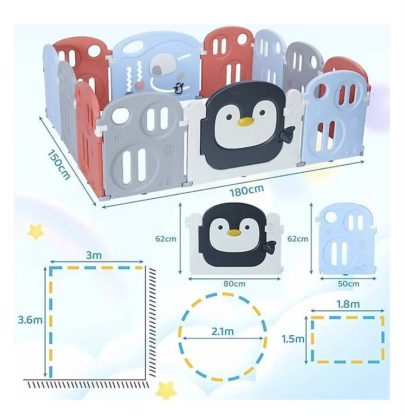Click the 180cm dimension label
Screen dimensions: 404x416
(246, 191)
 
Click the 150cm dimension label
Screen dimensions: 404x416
(59, 165)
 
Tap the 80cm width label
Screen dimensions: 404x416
(234, 284)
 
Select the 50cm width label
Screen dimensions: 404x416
(348, 284)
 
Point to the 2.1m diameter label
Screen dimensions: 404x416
(223, 331)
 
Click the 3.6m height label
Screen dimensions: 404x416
(30, 320)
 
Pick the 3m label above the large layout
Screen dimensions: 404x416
(94, 255)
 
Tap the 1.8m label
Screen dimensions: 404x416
(348, 304)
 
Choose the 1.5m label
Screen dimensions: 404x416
(293, 339)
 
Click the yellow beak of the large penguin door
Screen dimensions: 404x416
(245, 121)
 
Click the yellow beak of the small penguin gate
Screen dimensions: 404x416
(234, 233)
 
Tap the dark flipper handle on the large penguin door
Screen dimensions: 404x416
(288, 133)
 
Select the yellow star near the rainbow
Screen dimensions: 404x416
(36, 231)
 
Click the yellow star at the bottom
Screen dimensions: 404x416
(165, 391)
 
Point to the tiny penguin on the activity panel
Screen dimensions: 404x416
(179, 88)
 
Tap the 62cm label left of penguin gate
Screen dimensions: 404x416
(166, 239)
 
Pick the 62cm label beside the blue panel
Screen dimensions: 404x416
(298, 239)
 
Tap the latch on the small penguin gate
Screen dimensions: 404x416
(270, 228)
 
